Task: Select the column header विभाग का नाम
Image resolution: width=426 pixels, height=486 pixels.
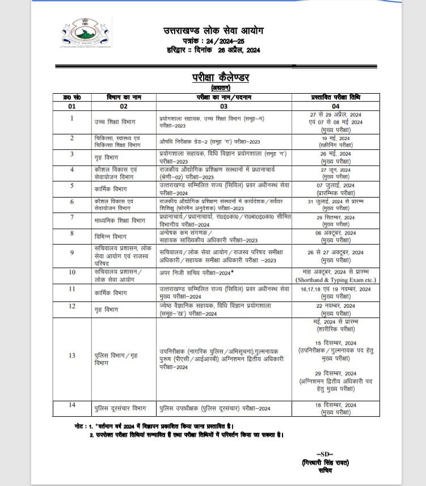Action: point(124,98)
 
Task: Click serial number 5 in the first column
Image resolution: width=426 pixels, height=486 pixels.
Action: point(72,185)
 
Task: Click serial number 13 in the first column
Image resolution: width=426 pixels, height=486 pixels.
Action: point(72,355)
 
